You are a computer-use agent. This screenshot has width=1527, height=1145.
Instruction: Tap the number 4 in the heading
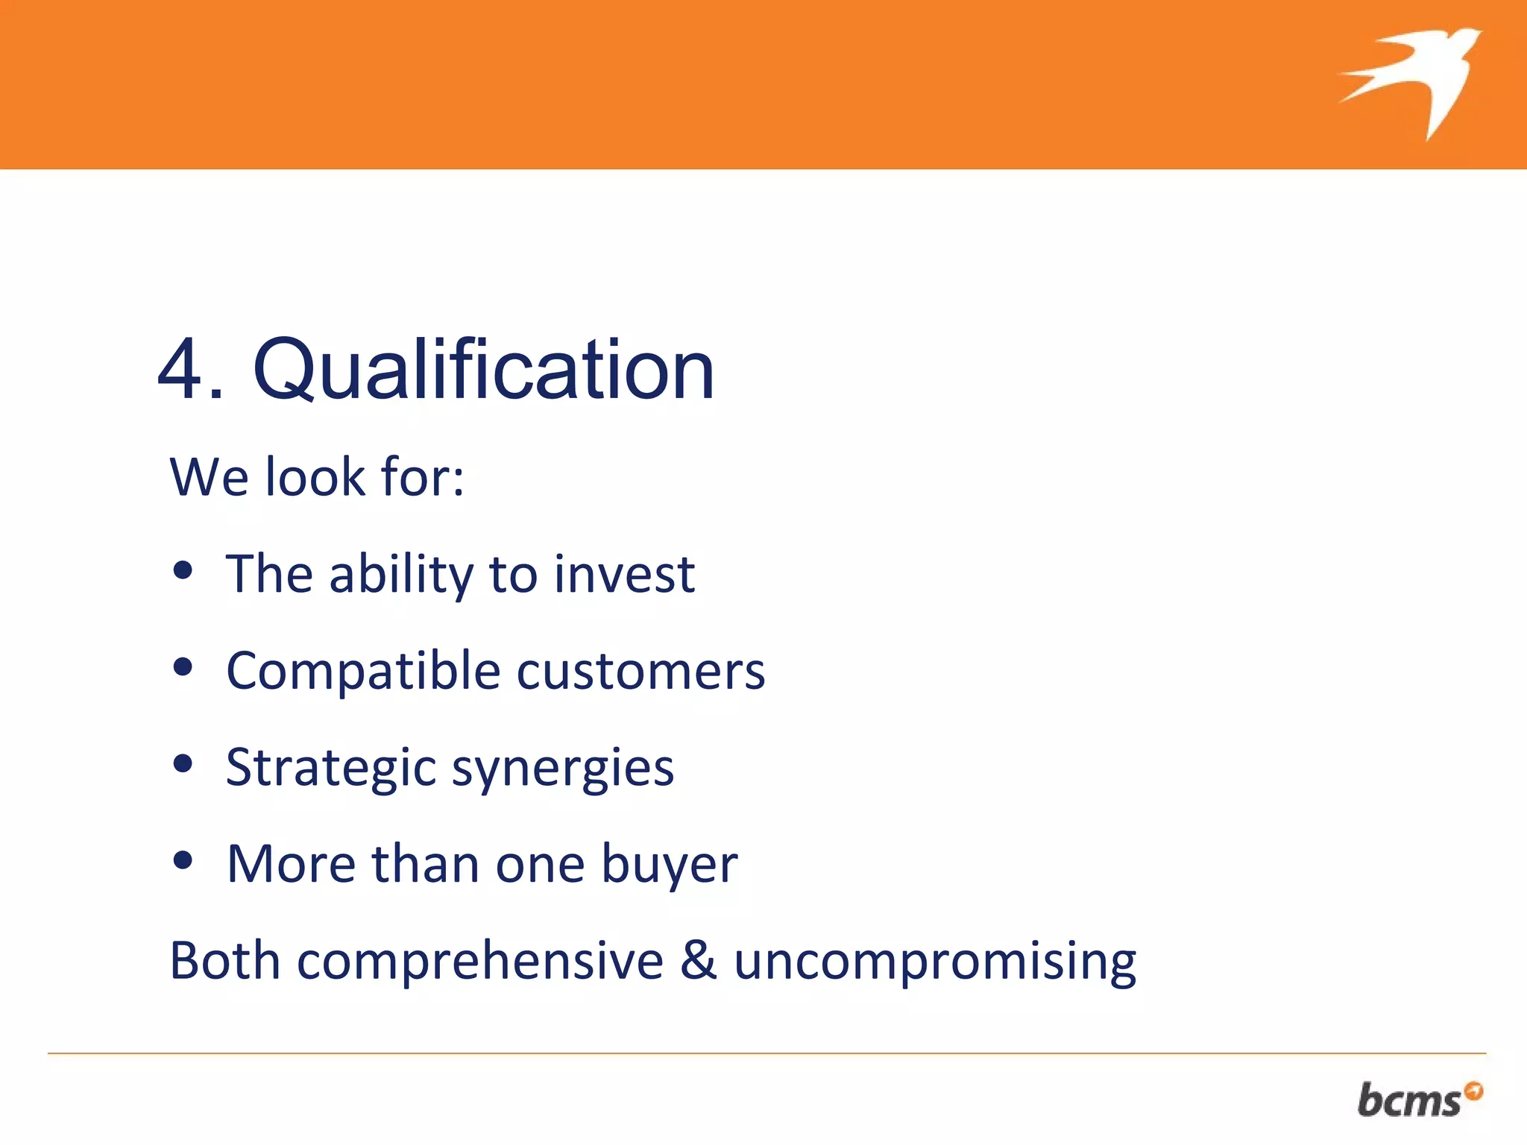tap(181, 370)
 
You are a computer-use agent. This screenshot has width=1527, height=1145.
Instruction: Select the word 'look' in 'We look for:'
tap(316, 477)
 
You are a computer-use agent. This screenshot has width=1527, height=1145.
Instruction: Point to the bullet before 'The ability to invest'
tap(183, 571)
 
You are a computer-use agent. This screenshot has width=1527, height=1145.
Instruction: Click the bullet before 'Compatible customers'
tap(183, 667)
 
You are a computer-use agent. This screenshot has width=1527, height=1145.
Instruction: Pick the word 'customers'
tap(640, 671)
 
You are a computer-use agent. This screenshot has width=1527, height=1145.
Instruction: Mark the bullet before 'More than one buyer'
tap(183, 861)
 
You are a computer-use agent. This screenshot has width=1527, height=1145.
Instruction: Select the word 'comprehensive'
tap(480, 962)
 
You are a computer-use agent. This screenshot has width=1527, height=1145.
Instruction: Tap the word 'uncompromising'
tap(935, 962)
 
